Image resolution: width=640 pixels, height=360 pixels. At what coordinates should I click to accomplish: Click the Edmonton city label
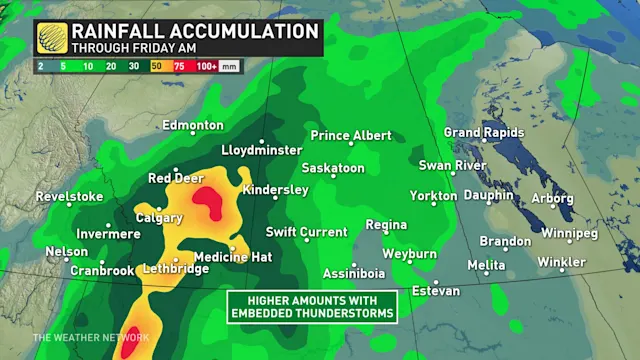(194, 125)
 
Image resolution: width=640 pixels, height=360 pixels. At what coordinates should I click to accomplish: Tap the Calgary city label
(159, 217)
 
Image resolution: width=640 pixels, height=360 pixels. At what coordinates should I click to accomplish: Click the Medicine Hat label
(233, 257)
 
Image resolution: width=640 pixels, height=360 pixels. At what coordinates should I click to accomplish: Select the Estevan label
(435, 291)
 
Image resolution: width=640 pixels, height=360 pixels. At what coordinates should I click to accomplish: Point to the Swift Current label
(306, 232)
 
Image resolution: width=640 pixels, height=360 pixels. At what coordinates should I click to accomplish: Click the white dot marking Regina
(382, 237)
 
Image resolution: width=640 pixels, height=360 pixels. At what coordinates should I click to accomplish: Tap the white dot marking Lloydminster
(262, 141)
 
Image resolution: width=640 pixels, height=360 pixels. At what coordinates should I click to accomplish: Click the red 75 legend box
(179, 65)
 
